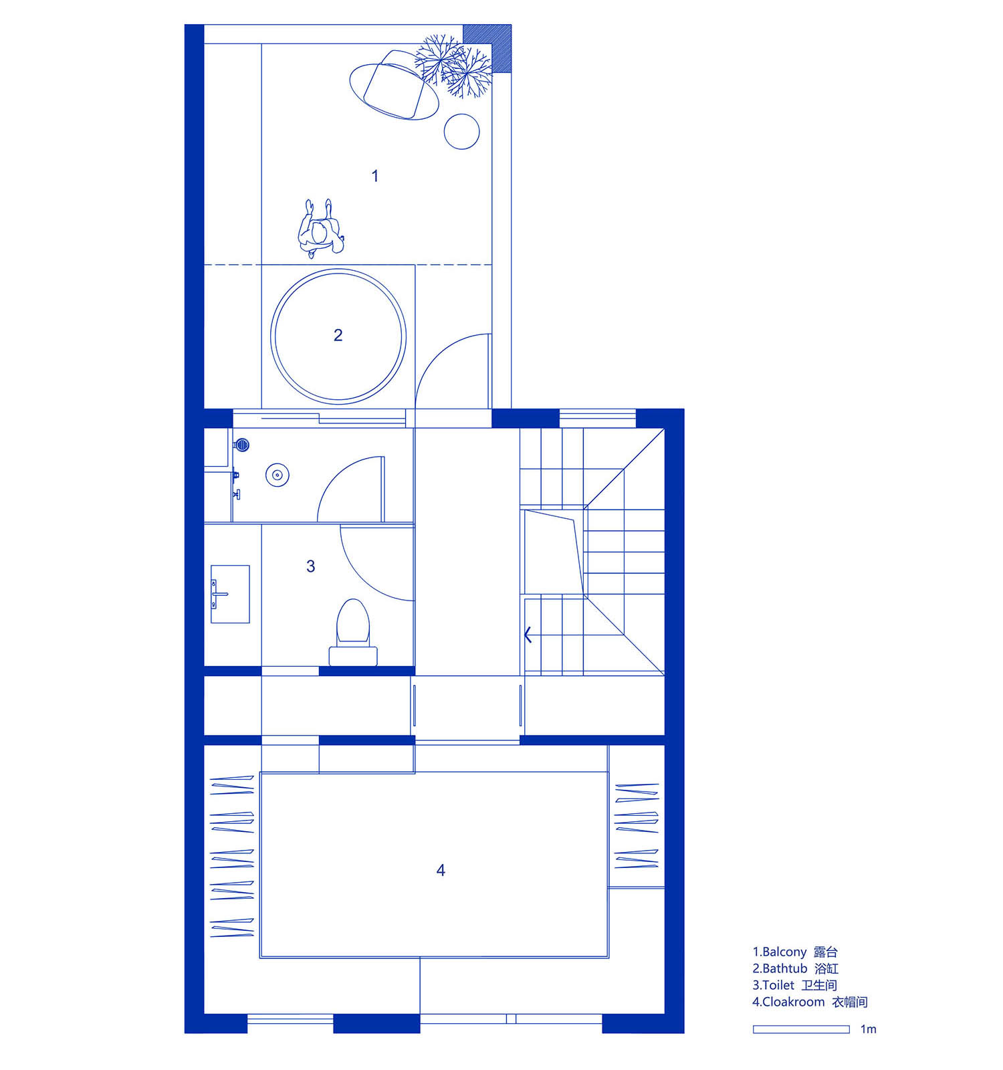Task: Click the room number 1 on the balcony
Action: pyautogui.click(x=375, y=176)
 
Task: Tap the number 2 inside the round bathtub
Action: pyautogui.click(x=338, y=335)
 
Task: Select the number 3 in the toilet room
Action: pyautogui.click(x=310, y=566)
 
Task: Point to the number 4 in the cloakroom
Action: pyautogui.click(x=441, y=870)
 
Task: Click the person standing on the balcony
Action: pyautogui.click(x=321, y=229)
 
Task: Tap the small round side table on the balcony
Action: pyautogui.click(x=462, y=131)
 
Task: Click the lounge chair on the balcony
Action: pyautogui.click(x=394, y=85)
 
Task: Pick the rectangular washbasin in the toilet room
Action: pyautogui.click(x=230, y=594)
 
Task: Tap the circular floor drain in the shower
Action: pyautogui.click(x=277, y=475)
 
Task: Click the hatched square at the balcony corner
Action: pyautogui.click(x=487, y=48)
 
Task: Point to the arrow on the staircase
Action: pyautogui.click(x=528, y=635)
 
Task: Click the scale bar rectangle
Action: pyautogui.click(x=801, y=1029)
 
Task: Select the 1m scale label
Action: pyautogui.click(x=868, y=1029)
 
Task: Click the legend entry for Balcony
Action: pyautogui.click(x=795, y=952)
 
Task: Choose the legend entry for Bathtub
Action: pyautogui.click(x=796, y=968)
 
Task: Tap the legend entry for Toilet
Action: pyautogui.click(x=794, y=985)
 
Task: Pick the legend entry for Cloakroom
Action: pyautogui.click(x=810, y=1002)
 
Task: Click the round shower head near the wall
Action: pyautogui.click(x=243, y=443)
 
